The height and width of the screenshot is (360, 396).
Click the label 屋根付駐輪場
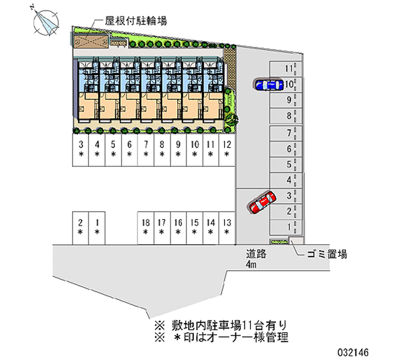point(135,21)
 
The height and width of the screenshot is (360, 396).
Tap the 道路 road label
point(257,255)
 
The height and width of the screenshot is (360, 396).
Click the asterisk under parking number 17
point(161,232)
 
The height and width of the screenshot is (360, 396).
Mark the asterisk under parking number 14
point(210,232)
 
